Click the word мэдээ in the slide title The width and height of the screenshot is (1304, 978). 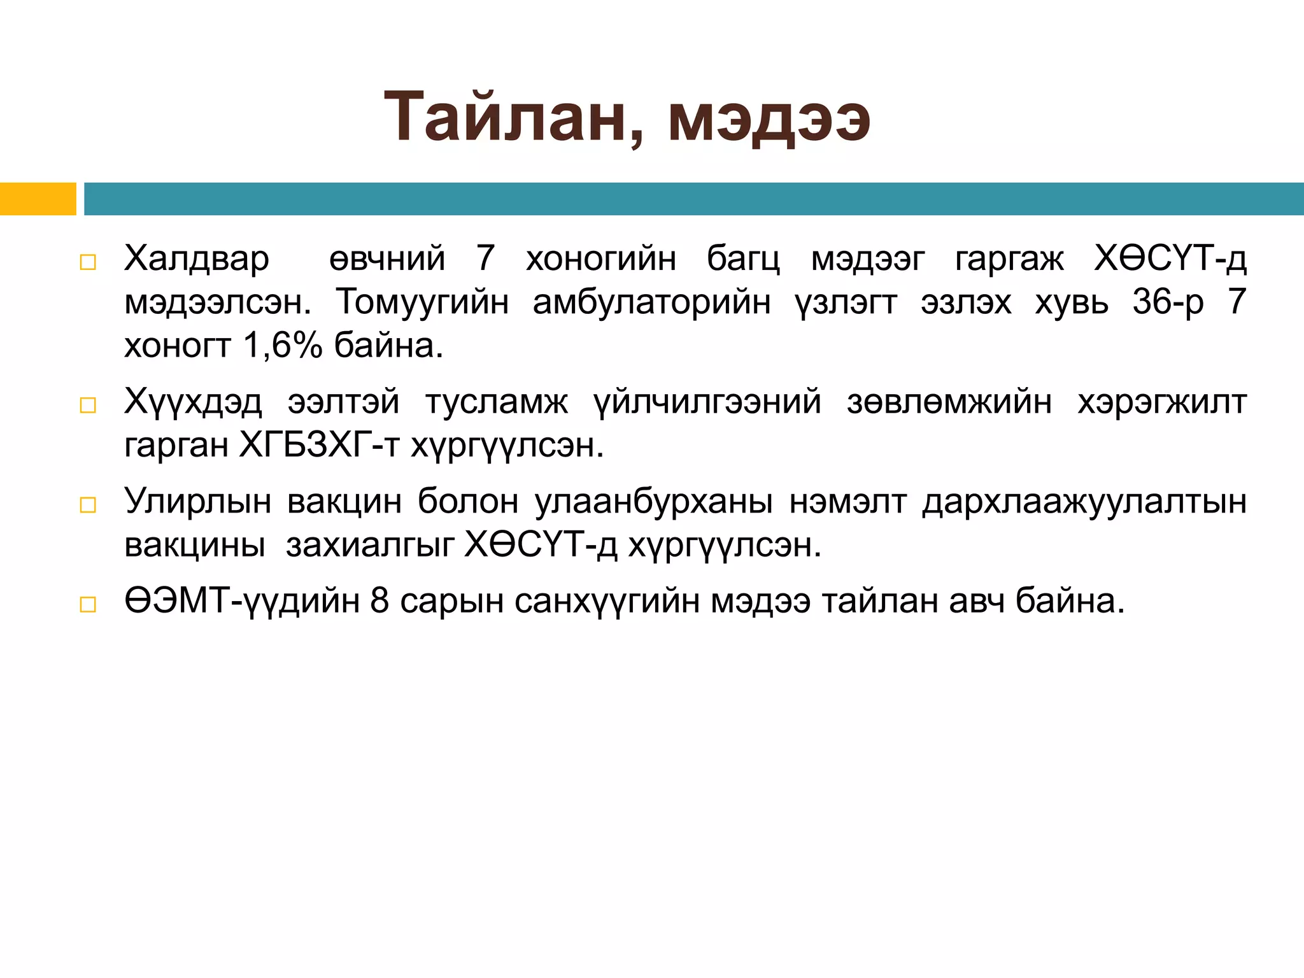(x=769, y=118)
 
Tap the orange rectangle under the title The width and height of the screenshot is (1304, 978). (x=38, y=199)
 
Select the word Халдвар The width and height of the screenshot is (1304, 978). (x=197, y=259)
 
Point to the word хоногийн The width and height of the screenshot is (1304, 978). (x=600, y=259)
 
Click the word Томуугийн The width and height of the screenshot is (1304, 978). (x=422, y=302)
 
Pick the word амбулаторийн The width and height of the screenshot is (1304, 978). (x=651, y=302)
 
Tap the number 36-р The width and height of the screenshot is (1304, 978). (x=1168, y=302)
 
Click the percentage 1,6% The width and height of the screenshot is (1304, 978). (x=283, y=346)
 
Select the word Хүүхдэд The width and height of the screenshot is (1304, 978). (x=193, y=402)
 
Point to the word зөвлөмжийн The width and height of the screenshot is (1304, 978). (x=949, y=402)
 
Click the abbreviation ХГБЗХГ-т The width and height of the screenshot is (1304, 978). (x=319, y=446)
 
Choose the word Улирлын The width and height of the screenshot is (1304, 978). (x=197, y=502)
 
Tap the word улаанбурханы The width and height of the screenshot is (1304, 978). (x=654, y=502)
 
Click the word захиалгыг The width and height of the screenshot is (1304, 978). (x=370, y=545)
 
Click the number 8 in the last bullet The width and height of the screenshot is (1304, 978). (x=379, y=601)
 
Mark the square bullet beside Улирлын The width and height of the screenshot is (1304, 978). (x=88, y=505)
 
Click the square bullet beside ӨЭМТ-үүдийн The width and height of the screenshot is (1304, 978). (x=88, y=604)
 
